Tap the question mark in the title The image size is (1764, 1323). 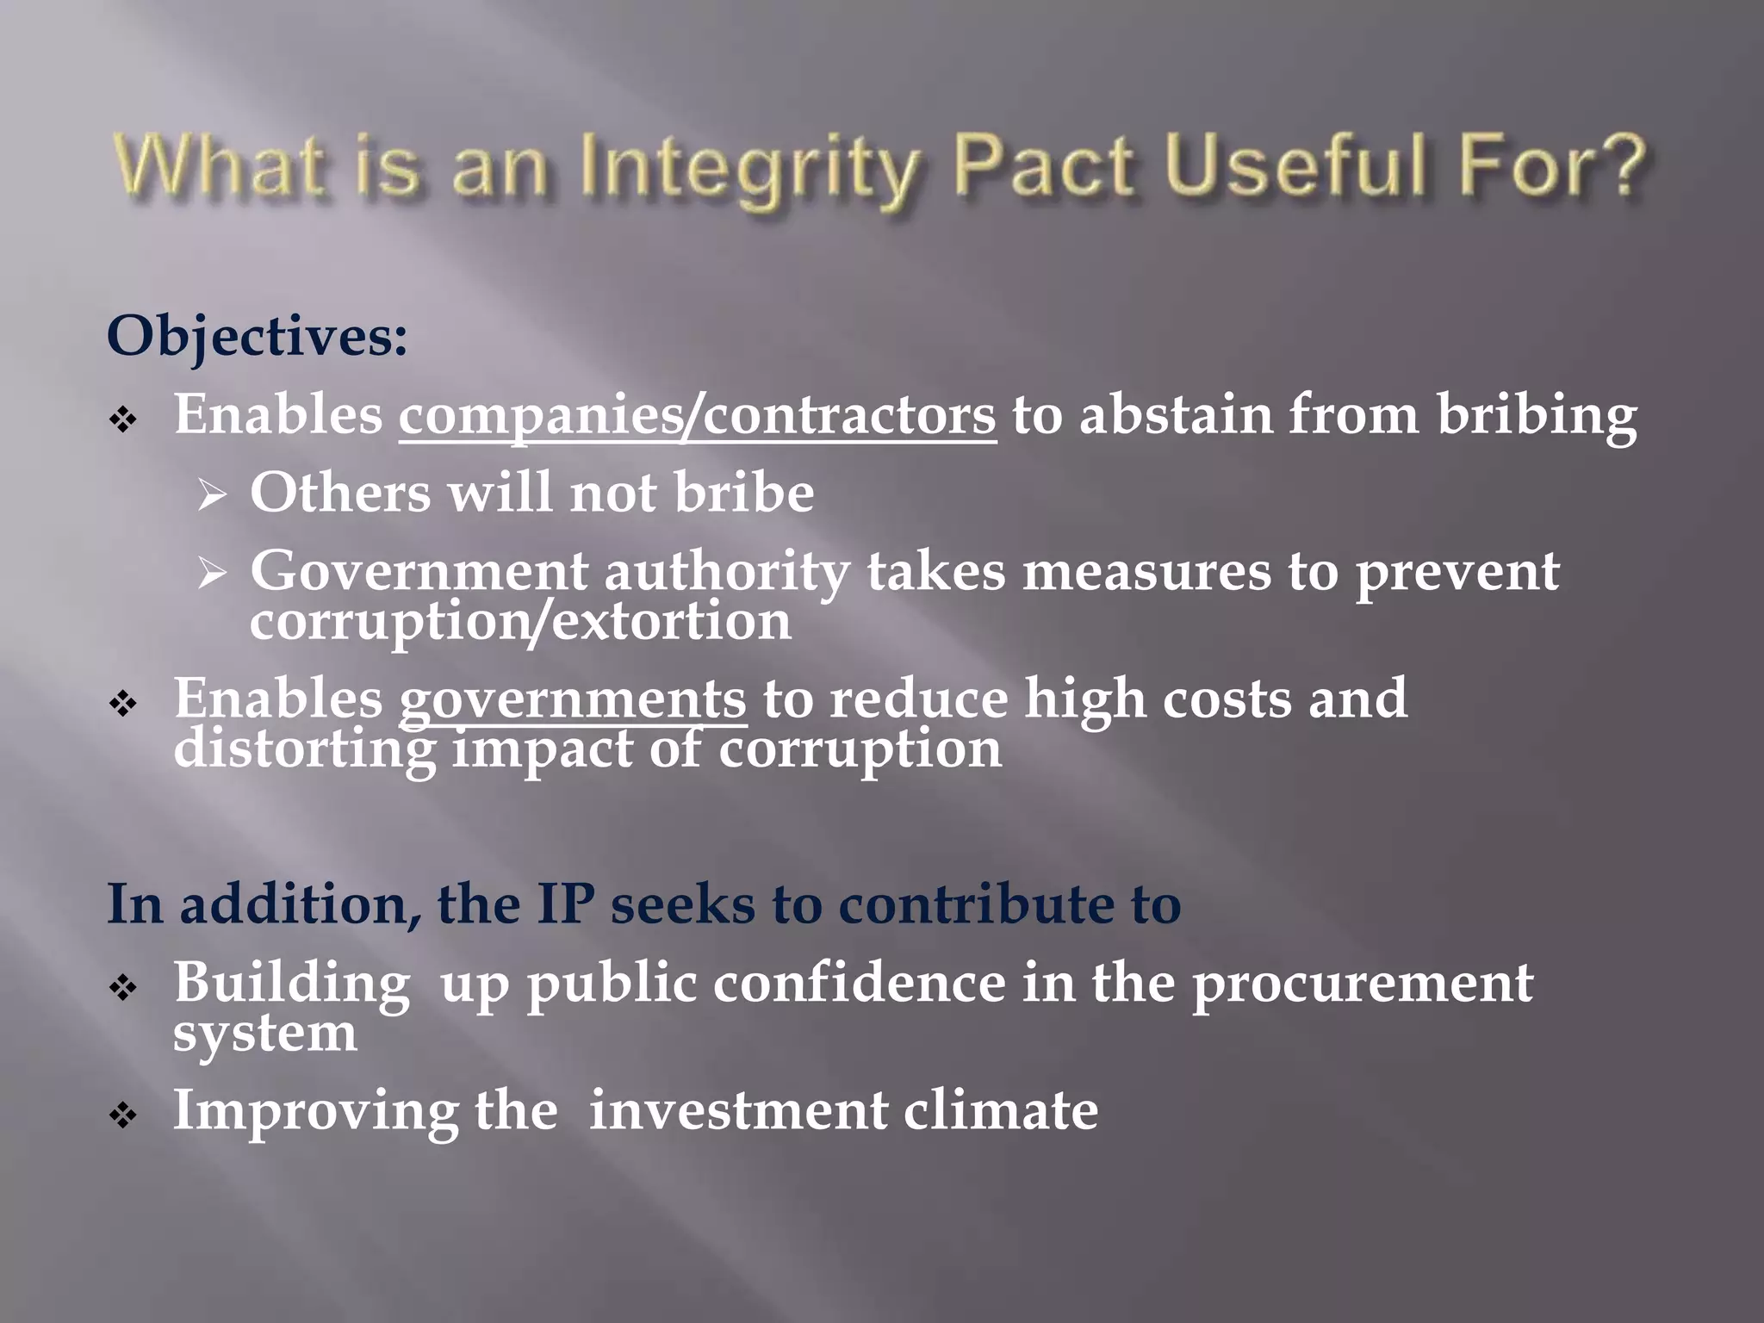tap(1617, 165)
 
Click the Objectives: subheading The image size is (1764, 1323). tap(257, 336)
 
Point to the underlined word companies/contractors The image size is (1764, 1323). tap(697, 416)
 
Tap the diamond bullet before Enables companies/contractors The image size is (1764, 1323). tap(123, 420)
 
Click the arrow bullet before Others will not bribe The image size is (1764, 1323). tap(211, 495)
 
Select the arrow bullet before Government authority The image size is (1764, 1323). tap(211, 573)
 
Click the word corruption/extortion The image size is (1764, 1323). tap(520, 621)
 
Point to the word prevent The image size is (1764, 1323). tap(1457, 572)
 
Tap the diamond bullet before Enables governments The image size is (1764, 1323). tap(123, 704)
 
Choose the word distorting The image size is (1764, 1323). tap(305, 748)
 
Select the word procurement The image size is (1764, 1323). tap(1362, 983)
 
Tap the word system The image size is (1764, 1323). tap(264, 1032)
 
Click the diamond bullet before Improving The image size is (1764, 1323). tap(123, 1116)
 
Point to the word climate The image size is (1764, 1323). tap(1000, 1110)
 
